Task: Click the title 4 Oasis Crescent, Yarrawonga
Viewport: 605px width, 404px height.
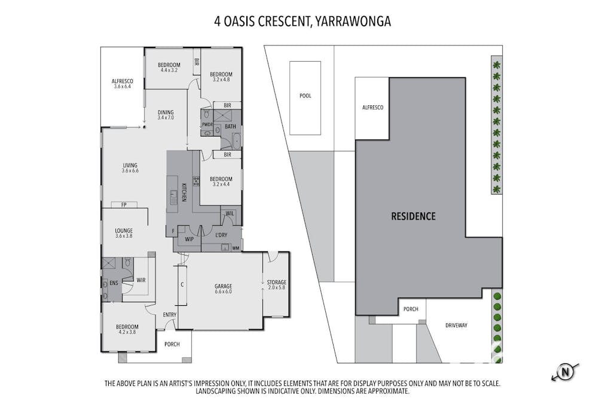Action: tap(302, 22)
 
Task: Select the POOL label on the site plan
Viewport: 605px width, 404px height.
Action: tap(305, 96)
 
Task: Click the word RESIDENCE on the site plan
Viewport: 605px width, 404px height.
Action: tap(413, 216)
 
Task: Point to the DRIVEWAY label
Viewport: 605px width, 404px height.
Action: tap(456, 326)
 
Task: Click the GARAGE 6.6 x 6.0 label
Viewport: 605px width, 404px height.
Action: tap(224, 288)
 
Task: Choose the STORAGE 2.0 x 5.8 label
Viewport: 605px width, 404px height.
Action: tap(277, 285)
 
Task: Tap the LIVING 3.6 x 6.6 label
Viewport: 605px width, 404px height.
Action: tap(130, 168)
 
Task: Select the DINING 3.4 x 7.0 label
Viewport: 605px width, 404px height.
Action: tap(166, 115)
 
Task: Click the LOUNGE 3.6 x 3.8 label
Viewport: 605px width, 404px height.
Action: tap(124, 233)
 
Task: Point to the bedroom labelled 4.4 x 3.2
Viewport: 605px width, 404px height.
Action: tap(169, 68)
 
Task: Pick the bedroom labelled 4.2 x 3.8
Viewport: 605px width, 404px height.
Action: tap(127, 329)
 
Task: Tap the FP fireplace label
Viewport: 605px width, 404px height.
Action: tap(124, 205)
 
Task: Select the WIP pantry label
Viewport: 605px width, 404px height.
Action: tap(189, 239)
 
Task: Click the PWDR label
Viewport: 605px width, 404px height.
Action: tap(207, 124)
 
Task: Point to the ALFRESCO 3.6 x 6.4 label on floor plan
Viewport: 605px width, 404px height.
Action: tap(122, 84)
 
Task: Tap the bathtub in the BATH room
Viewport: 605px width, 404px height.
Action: tap(233, 142)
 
